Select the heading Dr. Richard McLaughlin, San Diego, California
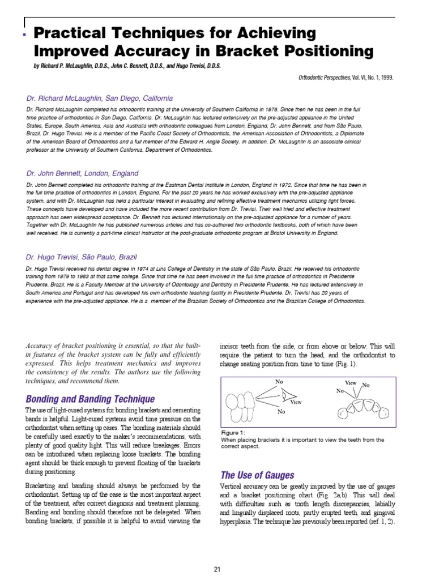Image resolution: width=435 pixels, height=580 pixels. click(100, 98)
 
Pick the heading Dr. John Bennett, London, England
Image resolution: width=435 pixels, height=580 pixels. click(82, 173)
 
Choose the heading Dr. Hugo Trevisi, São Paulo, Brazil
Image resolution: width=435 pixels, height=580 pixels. click(82, 257)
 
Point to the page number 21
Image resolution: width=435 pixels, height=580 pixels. click(217, 569)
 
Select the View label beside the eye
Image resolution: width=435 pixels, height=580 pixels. click(296, 402)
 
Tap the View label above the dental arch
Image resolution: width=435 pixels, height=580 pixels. click(351, 383)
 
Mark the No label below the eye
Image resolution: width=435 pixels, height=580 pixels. click(281, 412)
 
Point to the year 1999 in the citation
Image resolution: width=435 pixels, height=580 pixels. click(385, 78)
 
